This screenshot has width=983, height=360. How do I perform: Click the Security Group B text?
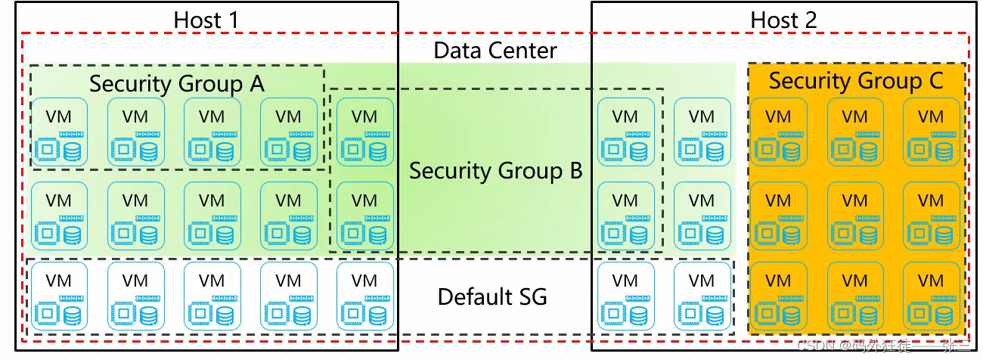496,171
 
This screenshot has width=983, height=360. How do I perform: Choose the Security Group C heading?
856,80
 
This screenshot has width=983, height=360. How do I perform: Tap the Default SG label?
492,296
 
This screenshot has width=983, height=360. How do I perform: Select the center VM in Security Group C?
855,213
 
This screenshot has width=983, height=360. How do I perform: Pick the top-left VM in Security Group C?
778,132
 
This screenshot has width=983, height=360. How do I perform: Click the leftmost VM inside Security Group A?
59,132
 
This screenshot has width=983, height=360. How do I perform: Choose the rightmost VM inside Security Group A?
288,132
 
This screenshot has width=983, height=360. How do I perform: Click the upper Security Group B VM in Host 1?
365,132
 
